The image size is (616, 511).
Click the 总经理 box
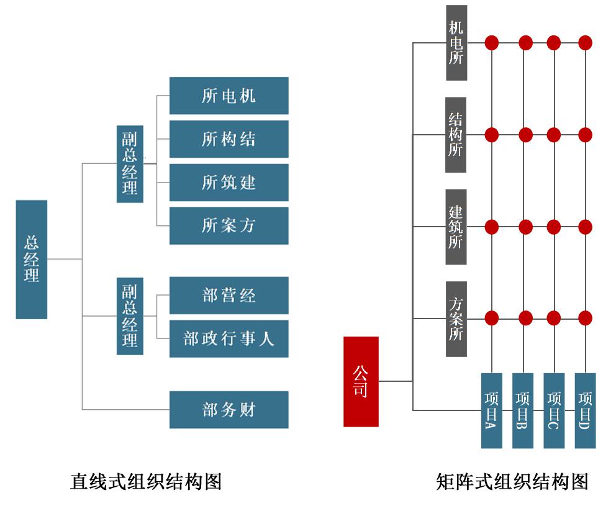pos(32,259)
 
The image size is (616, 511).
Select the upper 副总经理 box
pos(130,164)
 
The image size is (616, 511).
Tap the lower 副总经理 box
pos(130,316)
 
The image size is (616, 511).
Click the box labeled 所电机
pos(229,96)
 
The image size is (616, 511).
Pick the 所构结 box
pos(229,139)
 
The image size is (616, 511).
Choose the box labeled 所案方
pos(229,225)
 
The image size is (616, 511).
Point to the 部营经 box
pos(229,295)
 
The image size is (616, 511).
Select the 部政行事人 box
pos(229,338)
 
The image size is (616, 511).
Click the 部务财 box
pos(229,409)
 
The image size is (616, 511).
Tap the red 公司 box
pos(361,381)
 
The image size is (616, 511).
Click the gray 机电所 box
pos(456,43)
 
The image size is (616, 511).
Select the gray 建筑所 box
pos(456,227)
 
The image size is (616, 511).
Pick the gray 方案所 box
pos(456,319)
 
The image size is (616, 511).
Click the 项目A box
pos(491,410)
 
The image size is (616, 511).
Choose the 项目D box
pos(585,410)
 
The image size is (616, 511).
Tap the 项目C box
pos(553,410)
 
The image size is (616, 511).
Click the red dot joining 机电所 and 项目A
pos(492,43)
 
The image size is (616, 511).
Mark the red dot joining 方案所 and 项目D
pos(585,319)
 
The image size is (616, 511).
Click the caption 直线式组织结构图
pos(146,482)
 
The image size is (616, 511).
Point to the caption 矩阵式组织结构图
pos(512,482)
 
